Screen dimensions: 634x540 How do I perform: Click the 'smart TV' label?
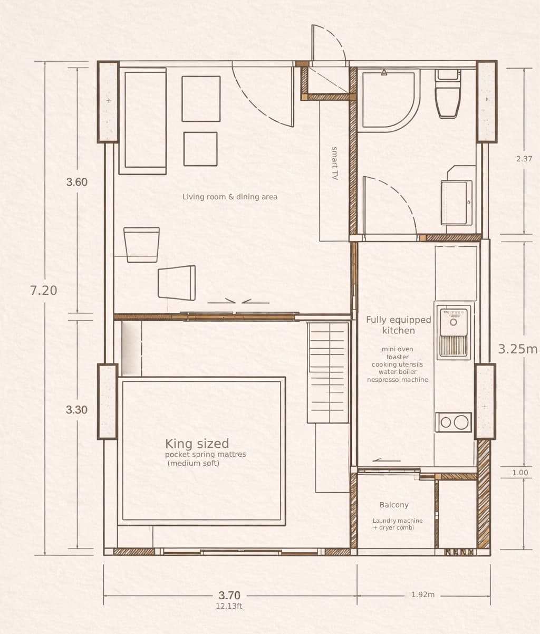[x=334, y=164]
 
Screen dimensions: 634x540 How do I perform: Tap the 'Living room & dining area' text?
[x=230, y=197]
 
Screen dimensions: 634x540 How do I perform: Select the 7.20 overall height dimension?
[x=44, y=290]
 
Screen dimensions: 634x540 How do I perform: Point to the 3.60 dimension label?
[x=77, y=182]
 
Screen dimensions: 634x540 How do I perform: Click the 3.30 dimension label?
[x=77, y=409]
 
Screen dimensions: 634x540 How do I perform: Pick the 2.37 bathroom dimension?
[x=524, y=159]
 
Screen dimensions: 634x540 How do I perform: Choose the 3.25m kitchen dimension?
[x=518, y=349]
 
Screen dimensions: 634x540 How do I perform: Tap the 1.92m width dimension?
[x=423, y=594]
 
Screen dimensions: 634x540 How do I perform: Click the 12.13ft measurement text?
[x=229, y=606]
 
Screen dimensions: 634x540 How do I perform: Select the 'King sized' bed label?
[x=197, y=444]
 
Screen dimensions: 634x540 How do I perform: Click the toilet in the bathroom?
[x=448, y=95]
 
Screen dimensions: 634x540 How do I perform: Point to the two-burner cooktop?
[x=454, y=422]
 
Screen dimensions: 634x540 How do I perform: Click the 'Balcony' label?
[x=394, y=505]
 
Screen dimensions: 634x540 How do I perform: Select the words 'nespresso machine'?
[x=398, y=380]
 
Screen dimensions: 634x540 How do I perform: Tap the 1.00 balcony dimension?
[x=520, y=473]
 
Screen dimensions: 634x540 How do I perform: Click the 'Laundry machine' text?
[x=398, y=521]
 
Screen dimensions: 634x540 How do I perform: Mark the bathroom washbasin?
[x=456, y=201]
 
